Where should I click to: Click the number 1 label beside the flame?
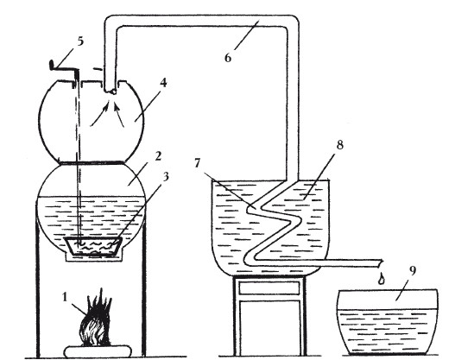65,297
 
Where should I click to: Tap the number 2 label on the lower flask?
158,156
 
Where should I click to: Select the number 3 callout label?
166,176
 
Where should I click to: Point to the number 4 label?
163,83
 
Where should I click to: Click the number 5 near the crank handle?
80,41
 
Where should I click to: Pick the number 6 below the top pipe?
228,58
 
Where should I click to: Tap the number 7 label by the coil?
198,163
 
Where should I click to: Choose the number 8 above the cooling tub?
340,144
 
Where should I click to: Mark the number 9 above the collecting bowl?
413,270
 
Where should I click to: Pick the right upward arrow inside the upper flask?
119,115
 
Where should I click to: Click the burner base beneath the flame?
98,351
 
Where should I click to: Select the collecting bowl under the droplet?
387,321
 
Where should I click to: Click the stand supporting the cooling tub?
270,316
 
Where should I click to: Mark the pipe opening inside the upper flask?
111,92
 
